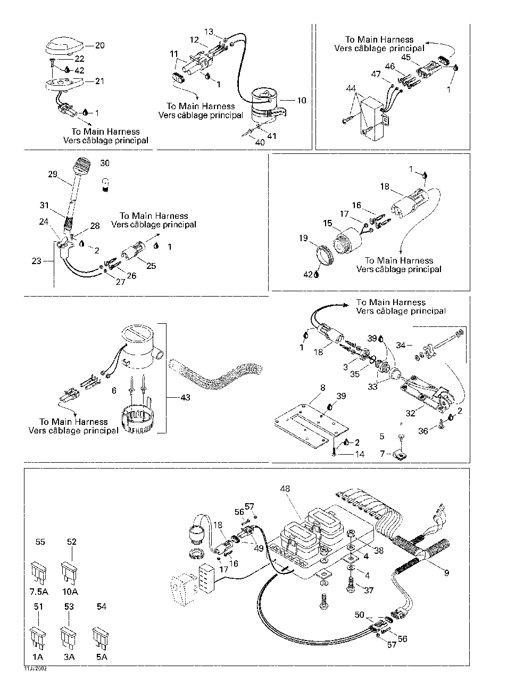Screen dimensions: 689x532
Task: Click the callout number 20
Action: pos(99,45)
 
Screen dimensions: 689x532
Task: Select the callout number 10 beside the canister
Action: pos(301,100)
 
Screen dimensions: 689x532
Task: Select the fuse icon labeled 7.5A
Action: pos(40,570)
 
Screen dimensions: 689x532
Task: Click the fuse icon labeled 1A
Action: pos(38,636)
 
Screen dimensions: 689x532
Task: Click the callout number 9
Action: pos(446,573)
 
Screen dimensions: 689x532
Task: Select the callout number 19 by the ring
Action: pos(303,238)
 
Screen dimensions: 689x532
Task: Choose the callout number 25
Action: pos(151,265)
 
